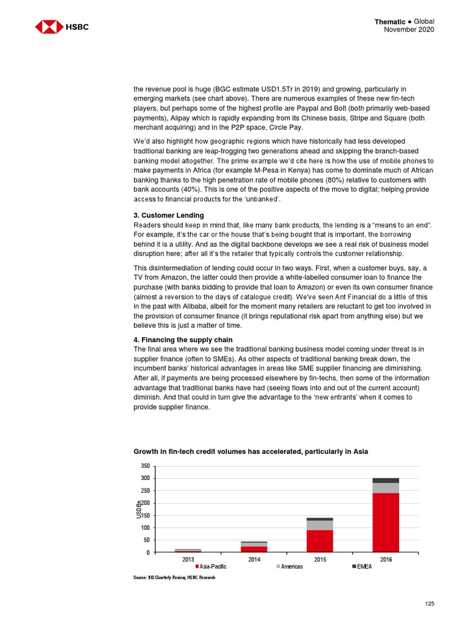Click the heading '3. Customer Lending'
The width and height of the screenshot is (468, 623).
[x=168, y=215]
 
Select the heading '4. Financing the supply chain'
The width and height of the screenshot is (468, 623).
[x=183, y=339]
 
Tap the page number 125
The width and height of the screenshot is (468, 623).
[x=430, y=603]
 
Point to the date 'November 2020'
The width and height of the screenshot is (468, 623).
[x=409, y=30]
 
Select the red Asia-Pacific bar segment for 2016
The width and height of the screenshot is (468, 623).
[x=386, y=522]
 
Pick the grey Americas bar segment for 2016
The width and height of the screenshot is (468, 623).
[x=386, y=487]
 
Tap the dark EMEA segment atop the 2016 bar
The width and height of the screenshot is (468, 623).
[x=386, y=480]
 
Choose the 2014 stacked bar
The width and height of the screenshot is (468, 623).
[x=253, y=546]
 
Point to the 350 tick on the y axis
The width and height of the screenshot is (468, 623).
[x=145, y=466]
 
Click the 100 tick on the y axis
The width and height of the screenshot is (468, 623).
[x=145, y=527]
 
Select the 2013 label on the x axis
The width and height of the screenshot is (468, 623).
[x=188, y=559]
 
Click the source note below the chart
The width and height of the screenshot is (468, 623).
[x=174, y=577]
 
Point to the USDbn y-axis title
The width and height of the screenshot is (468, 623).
[x=138, y=509]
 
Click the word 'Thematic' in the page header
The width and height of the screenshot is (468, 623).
[x=391, y=22]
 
